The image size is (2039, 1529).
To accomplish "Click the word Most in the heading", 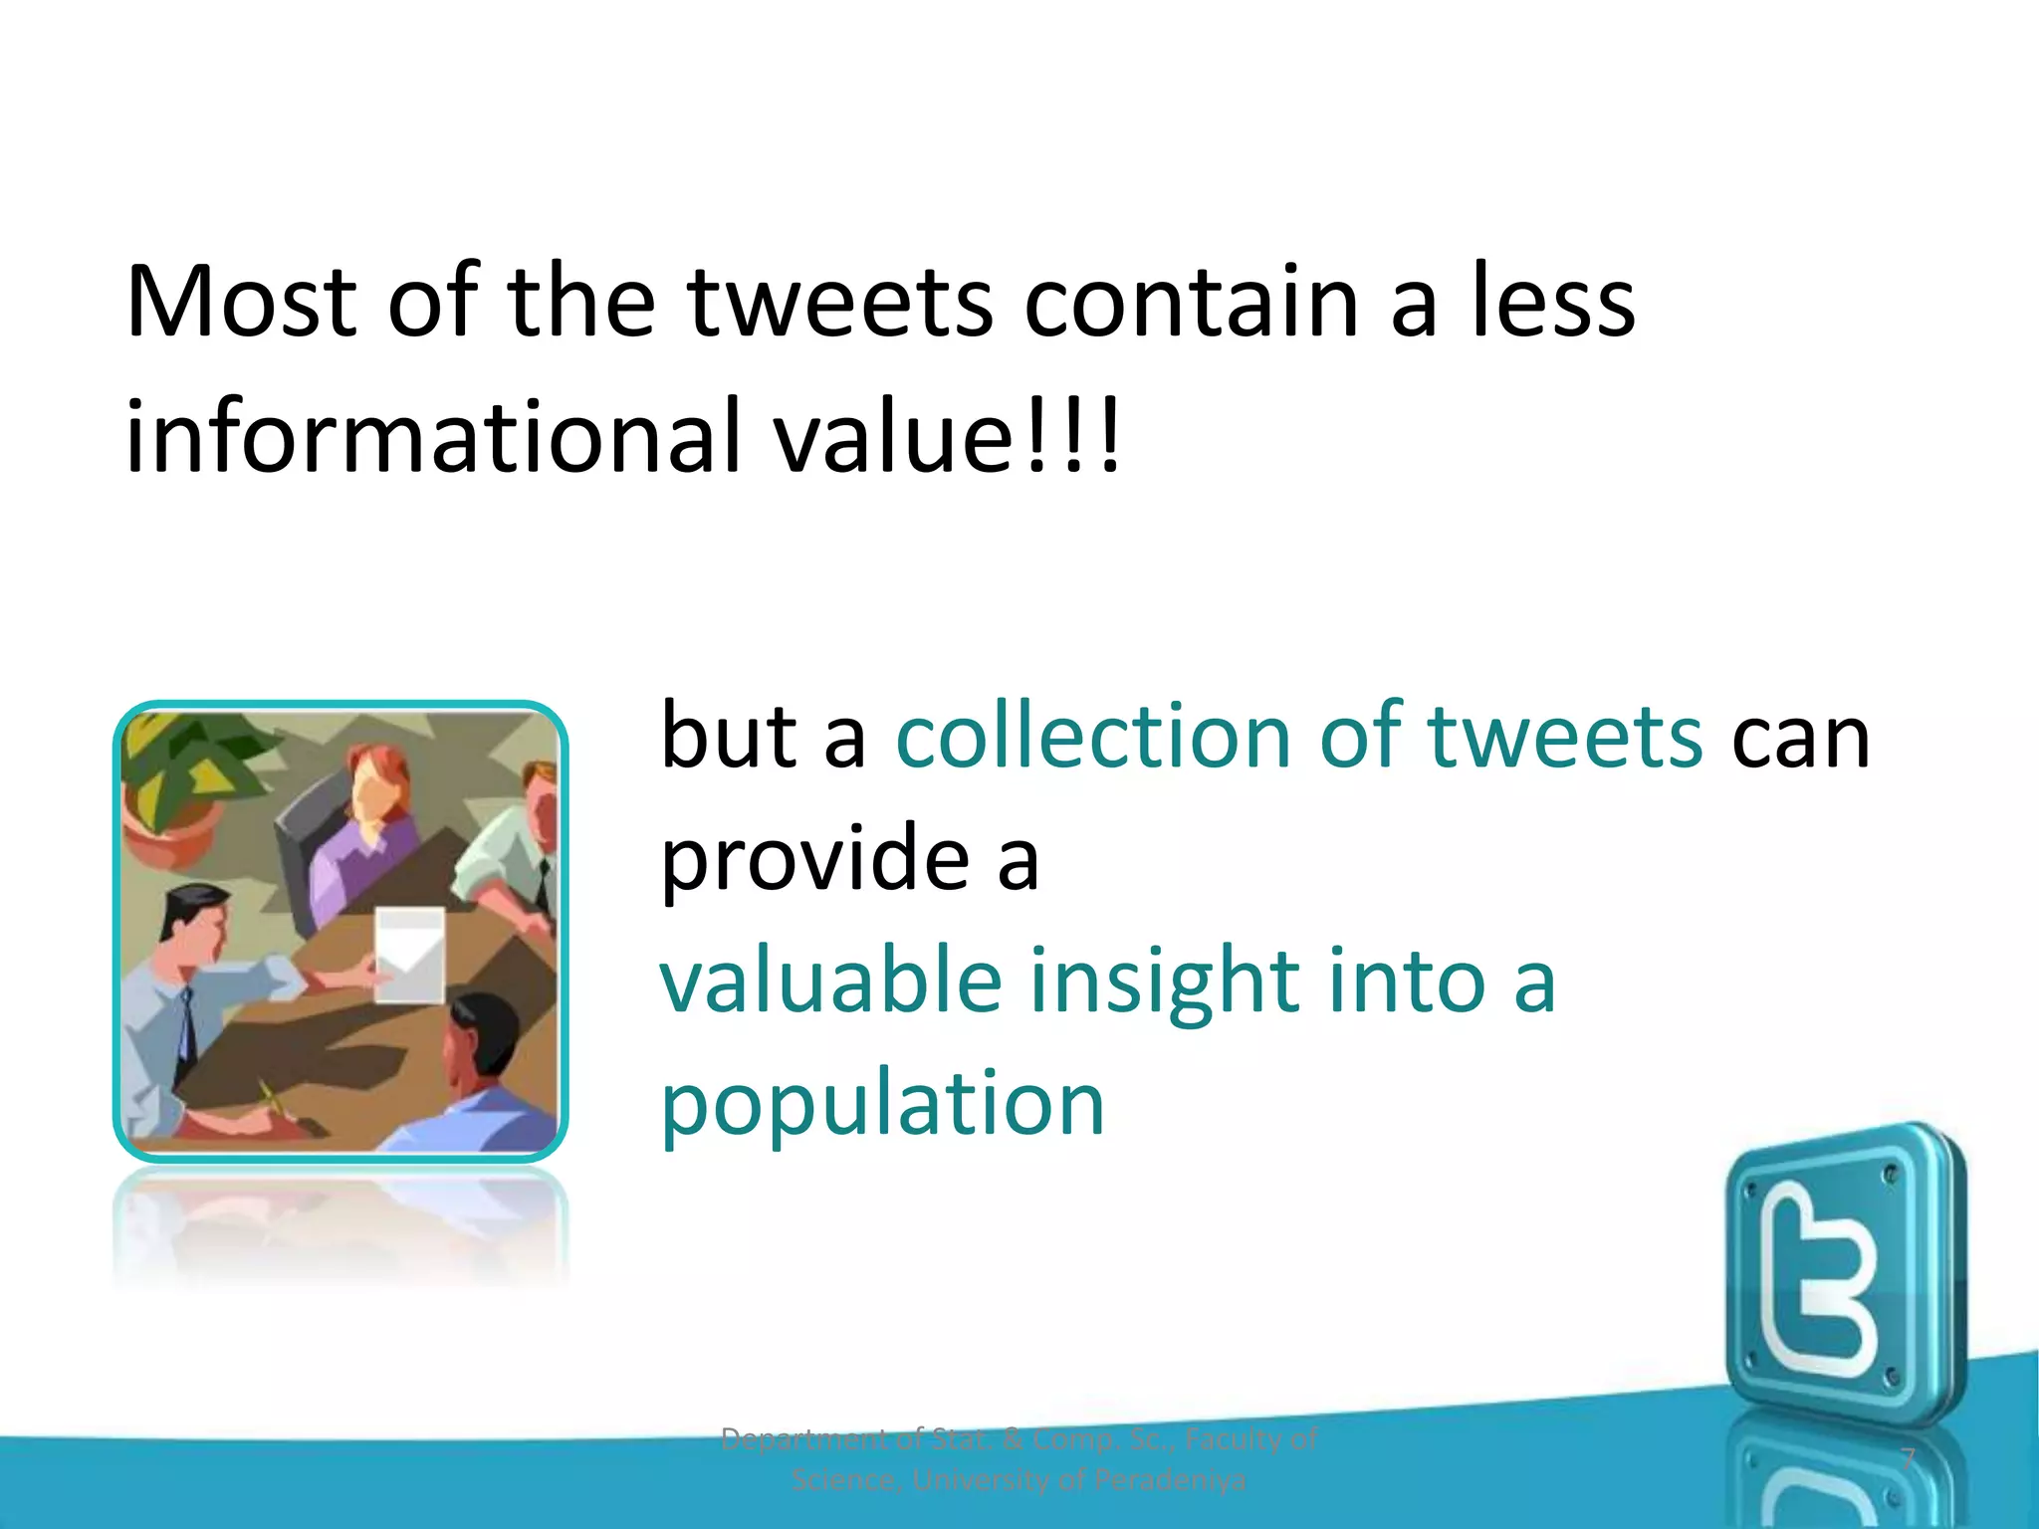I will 241,302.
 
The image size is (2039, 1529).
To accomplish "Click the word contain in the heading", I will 1191,302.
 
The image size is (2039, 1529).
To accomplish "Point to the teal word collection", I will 1093,737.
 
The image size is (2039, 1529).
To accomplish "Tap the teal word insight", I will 1163,982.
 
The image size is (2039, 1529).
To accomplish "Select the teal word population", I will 882,1105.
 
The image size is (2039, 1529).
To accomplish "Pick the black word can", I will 1800,739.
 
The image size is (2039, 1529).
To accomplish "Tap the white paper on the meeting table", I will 409,954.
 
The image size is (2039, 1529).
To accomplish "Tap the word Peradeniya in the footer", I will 1169,1481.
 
